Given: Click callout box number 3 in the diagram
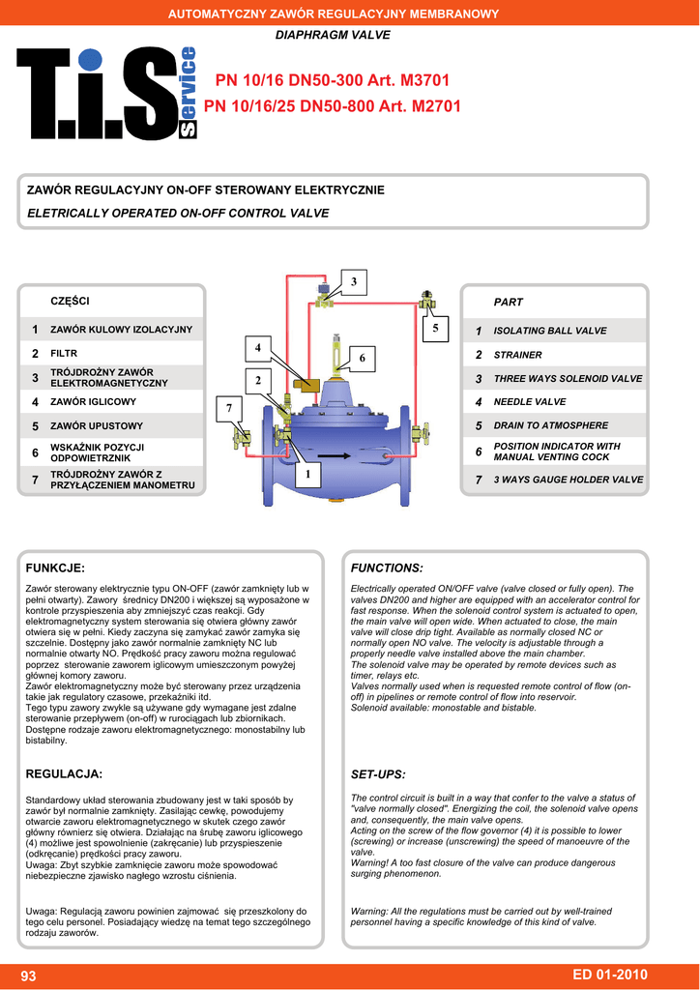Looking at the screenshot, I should tap(353, 281).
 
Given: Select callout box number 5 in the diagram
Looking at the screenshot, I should tap(435, 329).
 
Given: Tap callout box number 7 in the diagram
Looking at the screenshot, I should tap(229, 408).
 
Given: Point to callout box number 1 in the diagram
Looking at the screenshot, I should tap(308, 475).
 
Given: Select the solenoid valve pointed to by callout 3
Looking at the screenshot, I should tap(325, 294).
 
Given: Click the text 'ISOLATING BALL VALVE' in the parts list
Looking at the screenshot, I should tap(550, 331).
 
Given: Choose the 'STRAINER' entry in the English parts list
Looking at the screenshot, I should tap(517, 355).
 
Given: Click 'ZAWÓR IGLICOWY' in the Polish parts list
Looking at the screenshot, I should tap(93, 401).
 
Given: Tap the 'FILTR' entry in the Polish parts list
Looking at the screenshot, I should tap(63, 354).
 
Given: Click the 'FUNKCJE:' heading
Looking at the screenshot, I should tap(55, 568).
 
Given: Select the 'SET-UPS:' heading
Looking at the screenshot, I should tap(377, 774).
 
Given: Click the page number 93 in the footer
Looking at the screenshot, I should tap(28, 976).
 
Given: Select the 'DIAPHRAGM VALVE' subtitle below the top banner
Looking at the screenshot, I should tap(333, 35).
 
